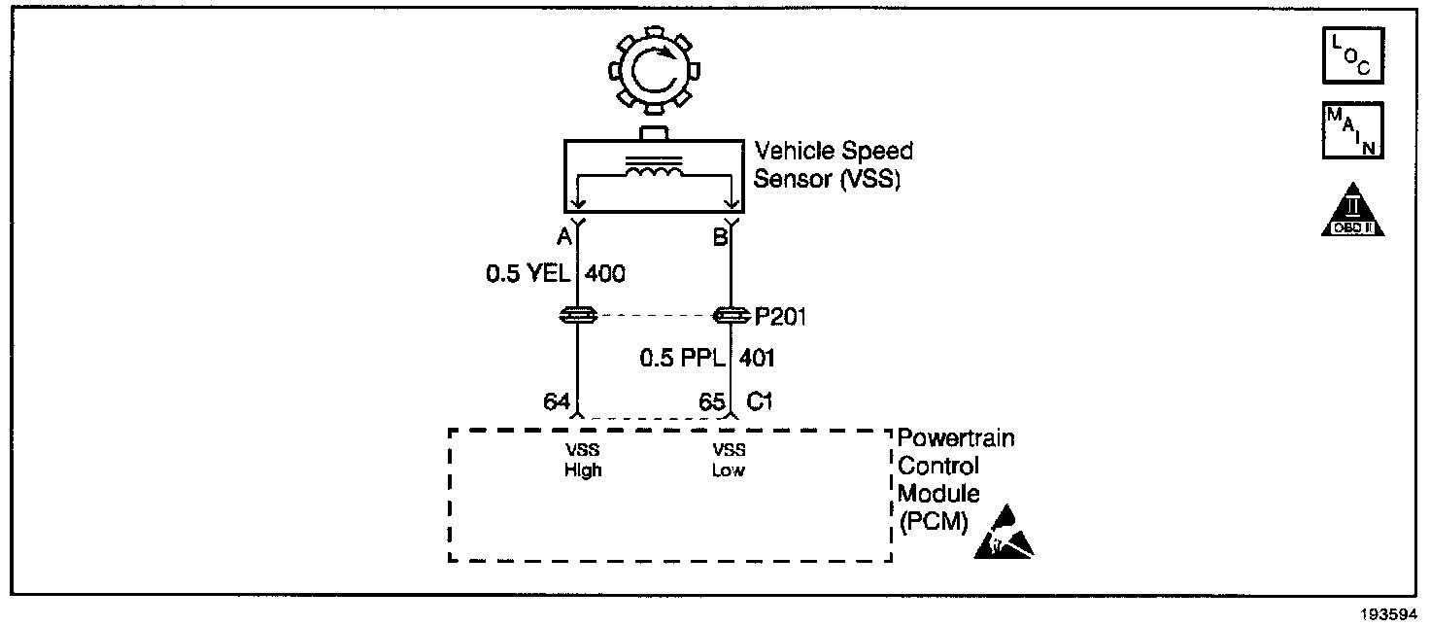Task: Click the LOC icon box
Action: [x=1350, y=56]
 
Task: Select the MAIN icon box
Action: [x=1350, y=130]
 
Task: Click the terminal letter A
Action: [x=562, y=237]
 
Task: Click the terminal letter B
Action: [x=719, y=237]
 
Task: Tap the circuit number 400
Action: [x=604, y=274]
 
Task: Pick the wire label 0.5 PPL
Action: [x=682, y=359]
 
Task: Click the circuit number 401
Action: [x=758, y=359]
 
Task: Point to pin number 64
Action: [x=556, y=400]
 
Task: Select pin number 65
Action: [x=711, y=400]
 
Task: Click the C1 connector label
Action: [x=760, y=400]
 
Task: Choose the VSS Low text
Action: [x=730, y=460]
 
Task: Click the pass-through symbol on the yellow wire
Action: [x=578, y=315]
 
